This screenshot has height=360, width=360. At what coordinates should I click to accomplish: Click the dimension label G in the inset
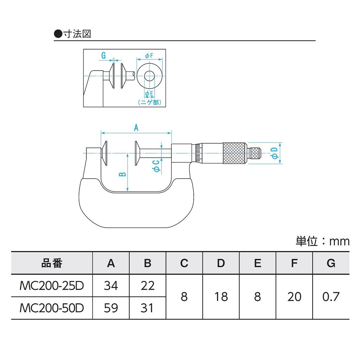pos(103,56)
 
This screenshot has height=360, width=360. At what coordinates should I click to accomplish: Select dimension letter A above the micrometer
pos(136,128)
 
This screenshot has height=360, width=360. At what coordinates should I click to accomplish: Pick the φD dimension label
pos(275,153)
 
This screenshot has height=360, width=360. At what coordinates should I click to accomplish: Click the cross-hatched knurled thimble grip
pos(234,153)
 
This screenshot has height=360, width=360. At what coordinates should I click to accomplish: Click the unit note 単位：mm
pos(322,241)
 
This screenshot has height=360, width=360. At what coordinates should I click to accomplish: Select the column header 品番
pos(52,263)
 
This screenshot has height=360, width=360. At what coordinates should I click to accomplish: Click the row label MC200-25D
pos(52,285)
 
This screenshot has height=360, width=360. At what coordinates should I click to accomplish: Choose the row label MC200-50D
pos(52,308)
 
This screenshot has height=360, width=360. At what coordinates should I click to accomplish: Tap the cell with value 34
pos(111,285)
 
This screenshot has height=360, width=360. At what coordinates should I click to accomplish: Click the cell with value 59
pos(111,308)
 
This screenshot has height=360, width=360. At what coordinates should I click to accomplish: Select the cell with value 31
pos(147,308)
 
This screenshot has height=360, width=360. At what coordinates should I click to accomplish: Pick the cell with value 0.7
pos(331,297)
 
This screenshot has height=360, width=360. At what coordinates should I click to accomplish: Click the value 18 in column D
pos(221,297)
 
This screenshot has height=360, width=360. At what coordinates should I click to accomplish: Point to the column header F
pos(294,263)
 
